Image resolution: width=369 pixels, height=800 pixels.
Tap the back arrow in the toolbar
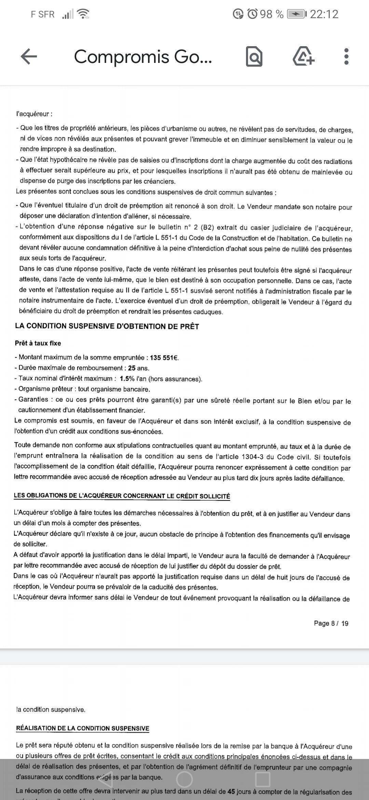(29, 56)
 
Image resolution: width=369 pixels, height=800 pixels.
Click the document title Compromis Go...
(143, 57)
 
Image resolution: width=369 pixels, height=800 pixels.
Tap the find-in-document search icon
(254, 57)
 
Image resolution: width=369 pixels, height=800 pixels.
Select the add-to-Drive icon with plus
(303, 57)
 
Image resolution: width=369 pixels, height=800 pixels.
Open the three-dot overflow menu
(346, 57)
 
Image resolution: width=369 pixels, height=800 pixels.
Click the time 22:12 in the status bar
(324, 14)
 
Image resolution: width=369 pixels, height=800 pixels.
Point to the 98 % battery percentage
(272, 14)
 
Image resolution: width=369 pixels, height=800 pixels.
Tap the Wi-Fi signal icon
(83, 14)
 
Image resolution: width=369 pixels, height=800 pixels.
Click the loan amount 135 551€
(164, 358)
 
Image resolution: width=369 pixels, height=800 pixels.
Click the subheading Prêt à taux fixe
(38, 343)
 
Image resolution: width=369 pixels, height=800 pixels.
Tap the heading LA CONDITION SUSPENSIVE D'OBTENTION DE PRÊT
(107, 326)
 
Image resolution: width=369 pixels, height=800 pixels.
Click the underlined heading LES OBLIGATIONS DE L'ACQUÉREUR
(122, 496)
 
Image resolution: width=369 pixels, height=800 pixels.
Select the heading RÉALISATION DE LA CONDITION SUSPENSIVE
(83, 729)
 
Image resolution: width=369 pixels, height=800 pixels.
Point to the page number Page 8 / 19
(331, 623)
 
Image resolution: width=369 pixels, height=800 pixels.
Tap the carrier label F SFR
(43, 14)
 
